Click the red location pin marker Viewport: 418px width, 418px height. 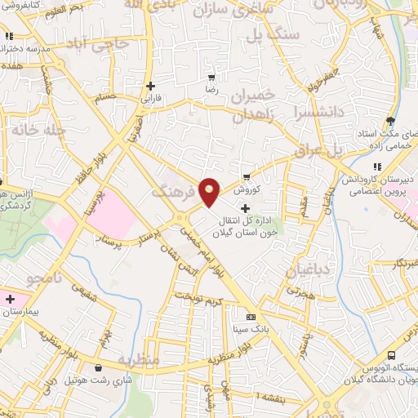[210, 191]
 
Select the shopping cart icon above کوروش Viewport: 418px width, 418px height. [247, 176]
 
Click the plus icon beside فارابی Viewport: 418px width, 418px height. [151, 86]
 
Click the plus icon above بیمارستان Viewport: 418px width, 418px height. [10, 300]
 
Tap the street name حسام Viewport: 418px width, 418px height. [106, 96]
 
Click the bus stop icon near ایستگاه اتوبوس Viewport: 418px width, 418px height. [392, 356]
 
